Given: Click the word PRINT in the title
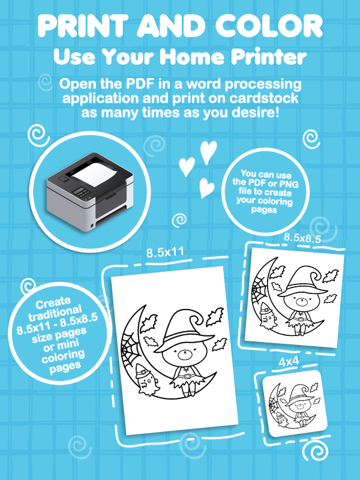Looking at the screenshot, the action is (x=83, y=26).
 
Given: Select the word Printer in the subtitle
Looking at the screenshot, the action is (x=268, y=56).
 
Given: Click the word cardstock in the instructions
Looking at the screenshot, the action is (x=264, y=98).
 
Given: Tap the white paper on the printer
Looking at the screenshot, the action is (x=94, y=173).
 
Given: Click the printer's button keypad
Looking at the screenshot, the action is (x=81, y=192).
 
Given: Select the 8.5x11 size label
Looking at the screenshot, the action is (x=165, y=253).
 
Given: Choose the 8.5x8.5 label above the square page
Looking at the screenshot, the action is (x=302, y=238).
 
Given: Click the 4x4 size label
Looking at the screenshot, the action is (x=289, y=362).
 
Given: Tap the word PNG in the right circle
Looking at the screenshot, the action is (x=289, y=184).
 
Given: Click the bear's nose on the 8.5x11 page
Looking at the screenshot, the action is (x=184, y=355).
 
